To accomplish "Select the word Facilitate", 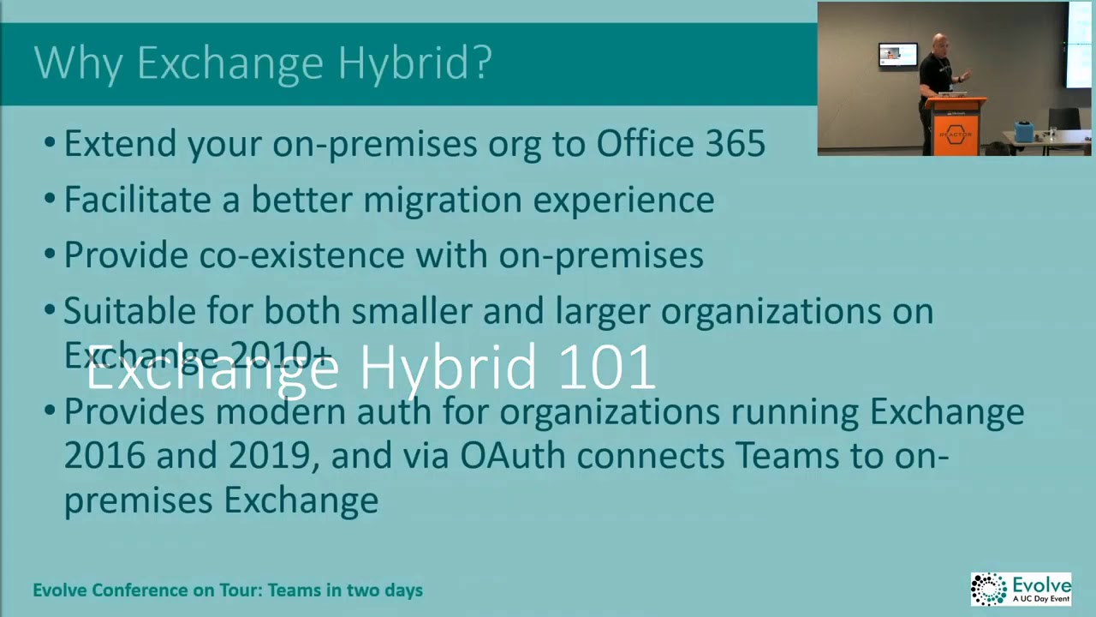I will [x=138, y=200].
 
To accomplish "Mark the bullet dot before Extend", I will [x=50, y=143].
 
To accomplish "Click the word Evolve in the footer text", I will [x=60, y=590].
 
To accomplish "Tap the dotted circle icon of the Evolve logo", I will [x=989, y=589].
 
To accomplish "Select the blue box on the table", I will [x=1023, y=131].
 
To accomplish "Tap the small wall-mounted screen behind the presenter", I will [x=897, y=55].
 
